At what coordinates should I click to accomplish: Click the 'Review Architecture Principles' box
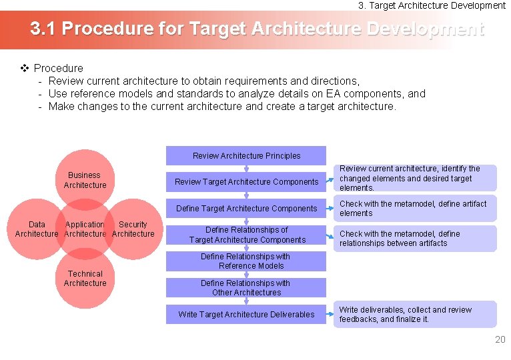pyautogui.click(x=246, y=156)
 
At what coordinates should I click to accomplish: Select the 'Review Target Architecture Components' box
pyautogui.click(x=246, y=182)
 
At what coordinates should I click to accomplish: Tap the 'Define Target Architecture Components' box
pyautogui.click(x=246, y=209)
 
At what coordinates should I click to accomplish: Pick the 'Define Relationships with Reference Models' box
pyautogui.click(x=246, y=261)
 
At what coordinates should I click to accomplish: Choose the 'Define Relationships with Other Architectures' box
pyautogui.click(x=246, y=287)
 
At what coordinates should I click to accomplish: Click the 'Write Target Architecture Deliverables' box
pyautogui.click(x=246, y=314)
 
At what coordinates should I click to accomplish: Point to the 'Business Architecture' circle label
pyautogui.click(x=85, y=180)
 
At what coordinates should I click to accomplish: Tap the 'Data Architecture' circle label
pyautogui.click(x=37, y=229)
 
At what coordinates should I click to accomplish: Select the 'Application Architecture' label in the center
pyautogui.click(x=85, y=229)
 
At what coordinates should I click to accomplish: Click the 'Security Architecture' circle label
pyautogui.click(x=133, y=229)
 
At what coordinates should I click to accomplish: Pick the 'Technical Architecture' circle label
pyautogui.click(x=85, y=279)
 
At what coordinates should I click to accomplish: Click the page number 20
pyautogui.click(x=500, y=340)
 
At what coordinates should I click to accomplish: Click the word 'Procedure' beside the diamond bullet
pyautogui.click(x=59, y=68)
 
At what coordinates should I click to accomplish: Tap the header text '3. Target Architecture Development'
pyautogui.click(x=432, y=5)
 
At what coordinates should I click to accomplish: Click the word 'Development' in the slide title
pyautogui.click(x=425, y=29)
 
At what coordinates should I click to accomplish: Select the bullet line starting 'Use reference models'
pyautogui.click(x=237, y=94)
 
